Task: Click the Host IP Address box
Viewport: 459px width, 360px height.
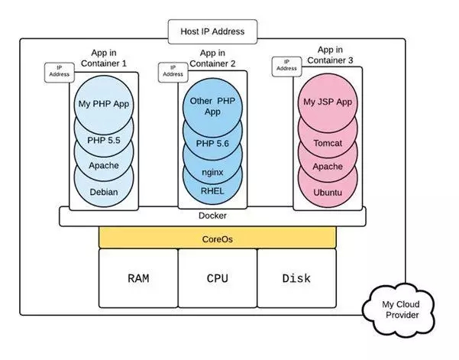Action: [212, 32]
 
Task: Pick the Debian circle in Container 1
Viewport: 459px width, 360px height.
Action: [104, 191]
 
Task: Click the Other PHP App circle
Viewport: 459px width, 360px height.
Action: [213, 106]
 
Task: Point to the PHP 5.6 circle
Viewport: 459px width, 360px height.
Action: [213, 144]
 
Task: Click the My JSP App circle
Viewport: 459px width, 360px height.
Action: [328, 102]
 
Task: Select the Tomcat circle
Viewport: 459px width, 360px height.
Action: [328, 141]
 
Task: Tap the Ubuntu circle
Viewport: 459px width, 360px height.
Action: [328, 192]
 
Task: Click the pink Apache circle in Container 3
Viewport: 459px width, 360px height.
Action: [328, 166]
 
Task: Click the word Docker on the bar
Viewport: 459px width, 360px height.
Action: [212, 216]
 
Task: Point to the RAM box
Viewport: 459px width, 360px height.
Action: [137, 278]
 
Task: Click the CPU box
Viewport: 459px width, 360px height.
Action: [217, 278]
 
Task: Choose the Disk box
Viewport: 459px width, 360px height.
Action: [296, 278]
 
